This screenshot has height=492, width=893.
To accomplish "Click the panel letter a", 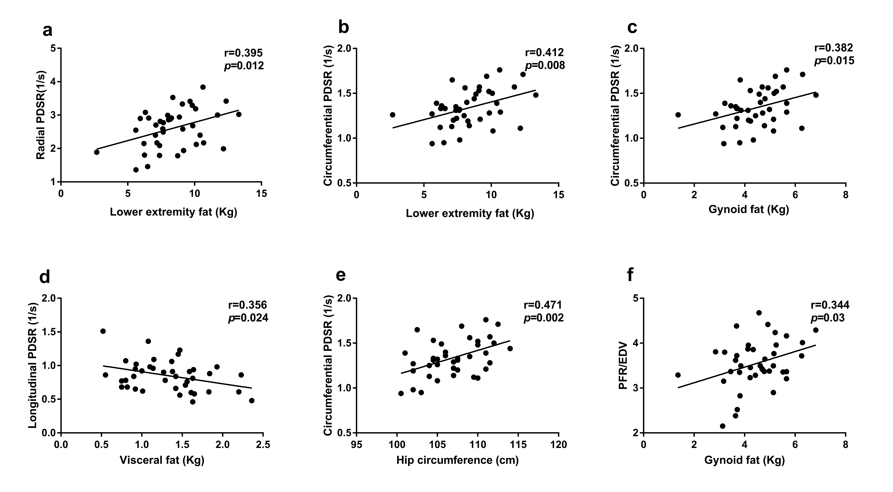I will pyautogui.click(x=48, y=31).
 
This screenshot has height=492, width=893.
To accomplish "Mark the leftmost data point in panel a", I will pyautogui.click(x=97, y=152).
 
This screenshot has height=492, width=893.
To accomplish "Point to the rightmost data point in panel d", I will pyautogui.click(x=252, y=400).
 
